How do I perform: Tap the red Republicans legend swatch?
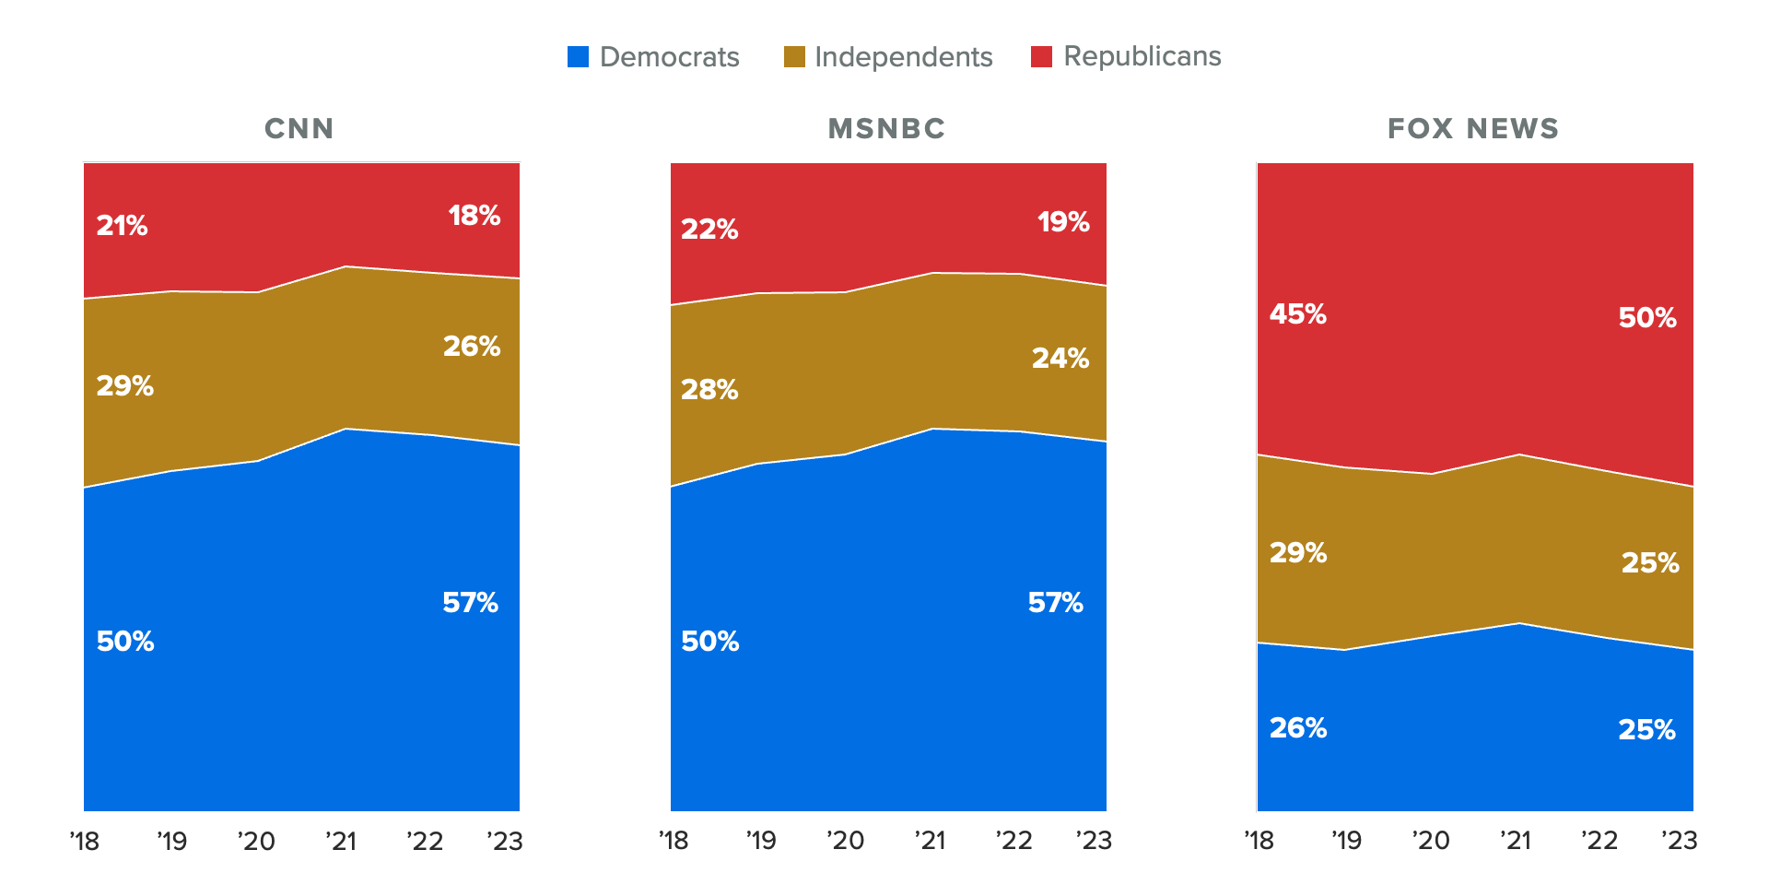coord(1041,57)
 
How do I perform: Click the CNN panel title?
coord(299,128)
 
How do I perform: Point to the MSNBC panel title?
coord(886,128)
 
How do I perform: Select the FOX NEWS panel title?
coord(1473,128)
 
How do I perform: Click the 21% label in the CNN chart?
coord(122,226)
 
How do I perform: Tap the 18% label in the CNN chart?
coord(474,216)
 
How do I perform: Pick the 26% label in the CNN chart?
coord(471,347)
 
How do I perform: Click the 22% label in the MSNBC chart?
coord(709,230)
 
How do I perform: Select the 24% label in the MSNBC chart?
coord(1060,359)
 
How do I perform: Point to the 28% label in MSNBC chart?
coord(709,390)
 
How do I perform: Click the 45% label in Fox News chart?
coord(1297,314)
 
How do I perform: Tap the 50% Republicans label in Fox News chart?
coord(1646,318)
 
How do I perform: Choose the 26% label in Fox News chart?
coord(1297,728)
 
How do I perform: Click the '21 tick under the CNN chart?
coord(341,841)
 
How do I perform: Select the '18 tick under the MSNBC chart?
coord(674,841)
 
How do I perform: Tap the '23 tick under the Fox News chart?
coord(1679,841)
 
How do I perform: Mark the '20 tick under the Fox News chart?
coord(1431,841)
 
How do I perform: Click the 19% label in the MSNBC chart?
coord(1063,222)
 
